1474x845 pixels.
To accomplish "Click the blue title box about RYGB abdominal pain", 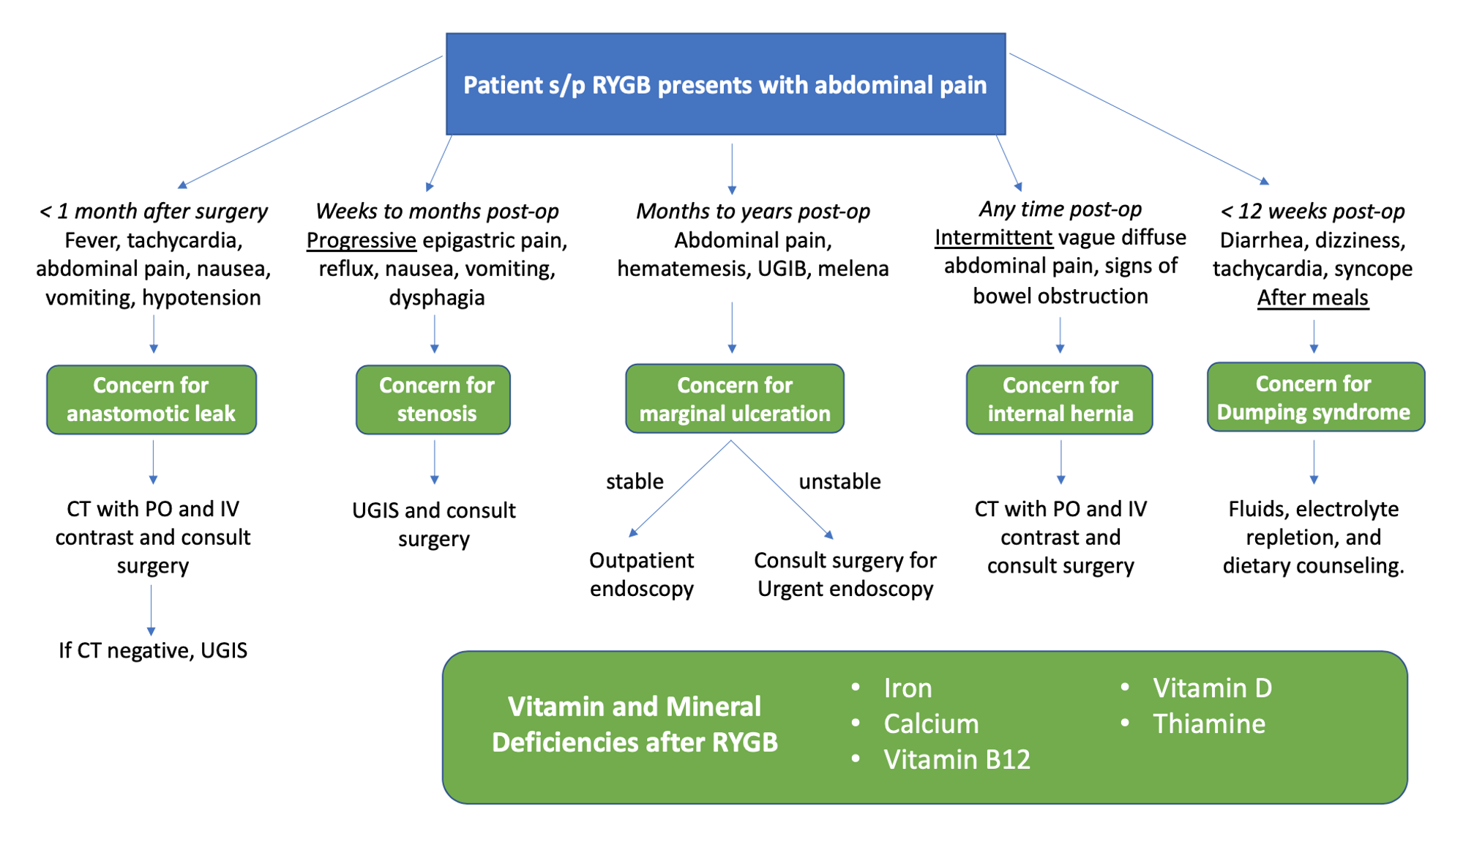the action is (725, 84).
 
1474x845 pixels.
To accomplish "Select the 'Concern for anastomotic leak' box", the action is (151, 400).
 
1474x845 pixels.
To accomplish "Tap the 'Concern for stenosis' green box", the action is (433, 400).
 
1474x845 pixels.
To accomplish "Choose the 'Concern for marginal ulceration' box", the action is (735, 399).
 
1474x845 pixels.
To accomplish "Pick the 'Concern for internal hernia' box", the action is (1060, 400).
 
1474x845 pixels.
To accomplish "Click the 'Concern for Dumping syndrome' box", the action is (1316, 397).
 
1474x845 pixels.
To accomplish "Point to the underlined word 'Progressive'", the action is (362, 241).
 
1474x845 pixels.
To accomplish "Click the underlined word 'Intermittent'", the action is (994, 237).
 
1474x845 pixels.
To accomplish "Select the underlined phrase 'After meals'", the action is (1313, 298).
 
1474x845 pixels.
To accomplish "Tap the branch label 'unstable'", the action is (839, 481).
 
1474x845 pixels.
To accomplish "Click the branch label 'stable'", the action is (635, 481).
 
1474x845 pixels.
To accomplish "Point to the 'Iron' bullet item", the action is (908, 688).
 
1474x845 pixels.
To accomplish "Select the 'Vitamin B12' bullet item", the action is (957, 759).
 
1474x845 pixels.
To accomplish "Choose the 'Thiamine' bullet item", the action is (1209, 724).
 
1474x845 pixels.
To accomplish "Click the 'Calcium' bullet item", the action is (931, 724).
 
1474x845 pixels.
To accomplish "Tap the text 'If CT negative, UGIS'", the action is (153, 650).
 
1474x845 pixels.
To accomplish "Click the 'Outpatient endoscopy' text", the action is (642, 575).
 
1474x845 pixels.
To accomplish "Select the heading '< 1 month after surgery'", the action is (153, 212).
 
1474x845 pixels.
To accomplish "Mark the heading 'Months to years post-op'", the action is (753, 212).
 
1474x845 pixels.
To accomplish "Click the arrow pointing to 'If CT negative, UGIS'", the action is (151, 610).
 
